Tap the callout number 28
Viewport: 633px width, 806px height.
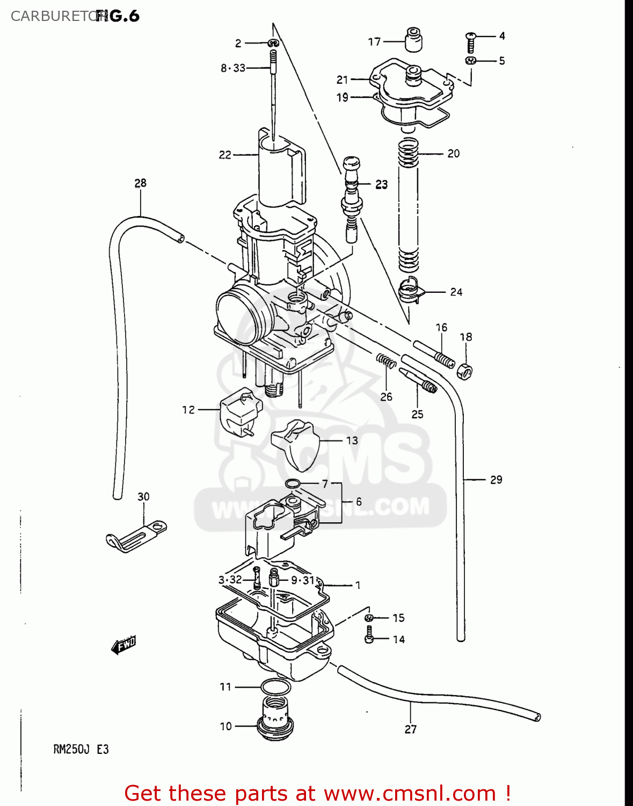[140, 183]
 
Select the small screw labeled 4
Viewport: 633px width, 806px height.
[470, 42]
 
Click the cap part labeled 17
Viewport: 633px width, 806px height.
[413, 40]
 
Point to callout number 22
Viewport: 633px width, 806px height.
[224, 155]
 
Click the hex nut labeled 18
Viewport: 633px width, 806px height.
[464, 370]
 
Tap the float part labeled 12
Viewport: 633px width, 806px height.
[240, 412]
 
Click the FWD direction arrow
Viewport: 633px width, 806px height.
[123, 644]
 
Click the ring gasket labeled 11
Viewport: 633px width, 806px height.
[275, 687]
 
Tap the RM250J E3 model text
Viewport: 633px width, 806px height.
[81, 749]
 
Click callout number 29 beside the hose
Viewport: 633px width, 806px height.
[496, 479]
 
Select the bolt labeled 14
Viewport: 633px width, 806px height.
[369, 635]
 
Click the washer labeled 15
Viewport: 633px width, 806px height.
[369, 617]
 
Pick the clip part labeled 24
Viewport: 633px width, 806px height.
[411, 291]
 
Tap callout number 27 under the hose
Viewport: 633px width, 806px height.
[410, 729]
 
